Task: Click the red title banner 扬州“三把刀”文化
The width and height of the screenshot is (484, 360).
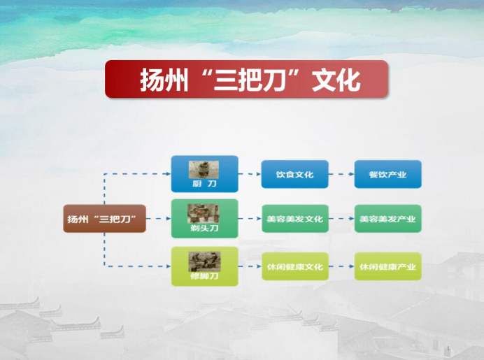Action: click(x=246, y=79)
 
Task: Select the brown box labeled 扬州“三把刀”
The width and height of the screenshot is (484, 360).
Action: click(x=104, y=218)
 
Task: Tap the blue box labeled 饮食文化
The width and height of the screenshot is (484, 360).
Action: click(x=294, y=174)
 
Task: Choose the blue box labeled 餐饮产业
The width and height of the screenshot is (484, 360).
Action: click(x=387, y=174)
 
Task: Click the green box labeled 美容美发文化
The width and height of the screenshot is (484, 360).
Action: click(x=294, y=218)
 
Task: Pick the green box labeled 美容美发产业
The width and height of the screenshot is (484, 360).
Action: click(x=387, y=218)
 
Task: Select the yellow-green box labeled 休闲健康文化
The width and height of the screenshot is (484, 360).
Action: click(x=294, y=266)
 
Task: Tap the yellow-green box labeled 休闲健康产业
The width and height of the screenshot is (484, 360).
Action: click(x=387, y=266)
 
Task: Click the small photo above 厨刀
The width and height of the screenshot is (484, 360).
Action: click(x=204, y=169)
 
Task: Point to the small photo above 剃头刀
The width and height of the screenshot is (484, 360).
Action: click(x=204, y=213)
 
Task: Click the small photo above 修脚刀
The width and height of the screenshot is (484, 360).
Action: click(x=204, y=261)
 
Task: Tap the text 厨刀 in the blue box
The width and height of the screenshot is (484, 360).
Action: click(x=204, y=184)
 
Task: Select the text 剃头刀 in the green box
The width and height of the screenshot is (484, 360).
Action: click(x=204, y=228)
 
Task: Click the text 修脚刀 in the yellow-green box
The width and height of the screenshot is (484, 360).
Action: click(x=204, y=276)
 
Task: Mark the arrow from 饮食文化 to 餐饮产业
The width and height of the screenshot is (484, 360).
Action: click(x=341, y=174)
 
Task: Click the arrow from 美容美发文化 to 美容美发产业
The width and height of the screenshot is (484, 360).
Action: click(x=341, y=218)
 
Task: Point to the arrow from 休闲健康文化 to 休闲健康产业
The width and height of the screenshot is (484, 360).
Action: click(x=341, y=266)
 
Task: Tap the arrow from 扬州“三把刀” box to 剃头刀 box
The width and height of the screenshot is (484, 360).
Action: click(x=158, y=218)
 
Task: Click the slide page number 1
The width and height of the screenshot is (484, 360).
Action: click(x=448, y=348)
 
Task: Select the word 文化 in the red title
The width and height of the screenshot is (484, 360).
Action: click(x=336, y=80)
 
